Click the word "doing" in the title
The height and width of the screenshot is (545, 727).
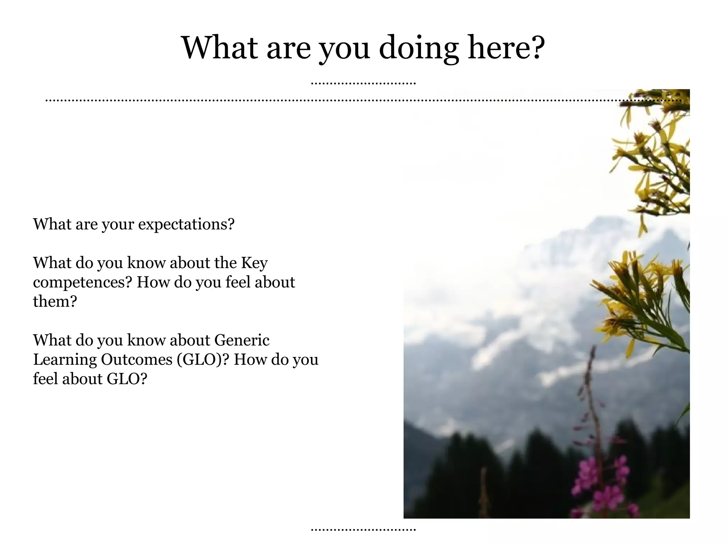tap(419, 48)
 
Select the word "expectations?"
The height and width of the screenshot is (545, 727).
tap(186, 224)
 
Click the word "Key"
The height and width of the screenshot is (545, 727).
tap(254, 263)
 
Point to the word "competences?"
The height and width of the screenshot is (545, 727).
tap(82, 283)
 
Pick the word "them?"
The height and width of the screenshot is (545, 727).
tap(55, 302)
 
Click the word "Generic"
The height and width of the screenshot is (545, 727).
tap(242, 340)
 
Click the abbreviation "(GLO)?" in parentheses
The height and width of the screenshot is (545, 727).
tap(200, 360)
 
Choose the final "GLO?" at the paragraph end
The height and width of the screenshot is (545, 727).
tap(127, 379)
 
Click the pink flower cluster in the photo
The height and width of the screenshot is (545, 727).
tap(600, 483)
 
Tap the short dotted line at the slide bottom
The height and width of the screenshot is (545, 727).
tap(363, 530)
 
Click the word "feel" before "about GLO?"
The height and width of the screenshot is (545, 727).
tap(45, 379)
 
